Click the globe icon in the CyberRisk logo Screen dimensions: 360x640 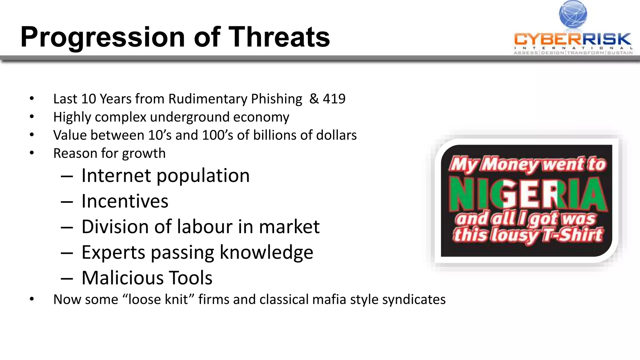573,14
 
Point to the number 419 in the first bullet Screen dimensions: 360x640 334,99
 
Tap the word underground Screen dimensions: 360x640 189,117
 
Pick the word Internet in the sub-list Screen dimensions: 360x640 116,175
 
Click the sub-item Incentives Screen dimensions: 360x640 125,201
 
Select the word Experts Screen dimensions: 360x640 113,252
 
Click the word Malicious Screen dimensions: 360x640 122,278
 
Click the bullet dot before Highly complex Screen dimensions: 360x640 32,117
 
